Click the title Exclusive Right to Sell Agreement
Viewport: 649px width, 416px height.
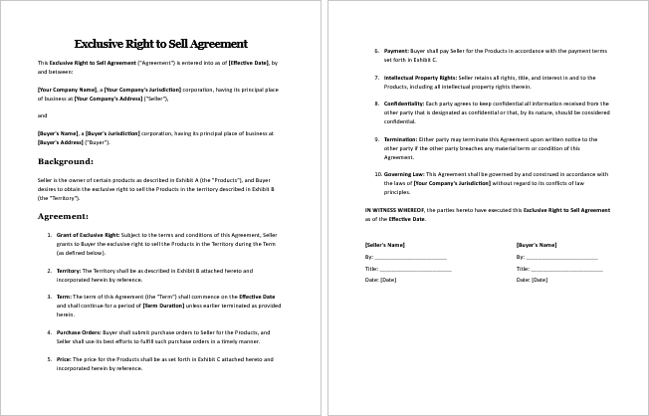pyautogui.click(x=161, y=44)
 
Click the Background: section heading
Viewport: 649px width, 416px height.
pyautogui.click(x=66, y=160)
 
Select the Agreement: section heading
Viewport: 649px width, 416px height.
pyautogui.click(x=64, y=215)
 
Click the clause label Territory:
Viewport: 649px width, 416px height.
pyautogui.click(x=70, y=270)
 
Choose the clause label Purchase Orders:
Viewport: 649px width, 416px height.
pyautogui.click(x=80, y=331)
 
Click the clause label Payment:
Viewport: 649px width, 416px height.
pyautogui.click(x=397, y=50)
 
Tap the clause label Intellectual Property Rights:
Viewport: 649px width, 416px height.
pyautogui.click(x=420, y=77)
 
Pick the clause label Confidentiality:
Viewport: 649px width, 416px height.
pyautogui.click(x=406, y=103)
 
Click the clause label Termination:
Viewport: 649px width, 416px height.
pyautogui.click(x=403, y=138)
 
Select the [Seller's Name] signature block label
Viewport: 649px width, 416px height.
pyautogui.click(x=385, y=244)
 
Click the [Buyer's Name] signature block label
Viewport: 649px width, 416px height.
pyautogui.click(x=536, y=244)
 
